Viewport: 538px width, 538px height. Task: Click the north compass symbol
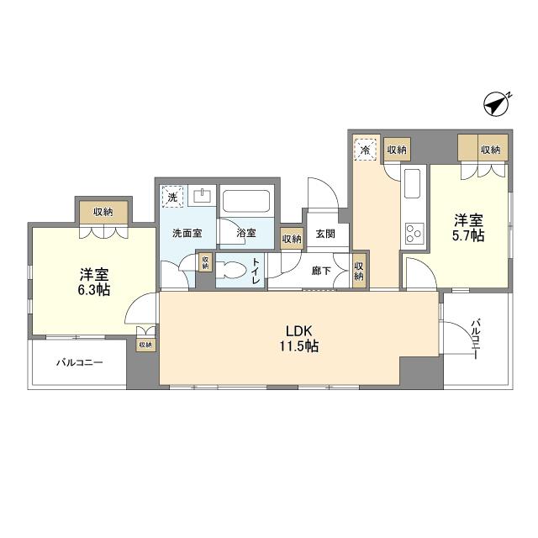pos(496,104)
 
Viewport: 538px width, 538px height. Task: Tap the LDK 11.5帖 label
pos(298,339)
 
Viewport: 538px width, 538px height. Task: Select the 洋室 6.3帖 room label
pos(94,282)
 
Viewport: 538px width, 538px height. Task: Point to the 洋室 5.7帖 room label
pos(468,228)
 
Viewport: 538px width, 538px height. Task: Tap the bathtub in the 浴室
pos(245,202)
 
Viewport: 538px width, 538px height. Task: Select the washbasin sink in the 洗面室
pos(203,196)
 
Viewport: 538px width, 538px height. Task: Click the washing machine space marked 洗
pos(172,197)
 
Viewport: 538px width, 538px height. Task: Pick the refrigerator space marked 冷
pos(366,150)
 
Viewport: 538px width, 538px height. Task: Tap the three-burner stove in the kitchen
pos(414,234)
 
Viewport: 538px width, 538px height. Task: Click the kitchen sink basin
pos(412,183)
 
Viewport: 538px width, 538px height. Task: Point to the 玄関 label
pos(325,234)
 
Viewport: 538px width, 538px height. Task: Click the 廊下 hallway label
pos(321,271)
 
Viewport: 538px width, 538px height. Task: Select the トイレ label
pos(256,271)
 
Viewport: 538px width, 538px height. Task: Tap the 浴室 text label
pos(246,233)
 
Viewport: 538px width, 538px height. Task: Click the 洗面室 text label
pos(187,234)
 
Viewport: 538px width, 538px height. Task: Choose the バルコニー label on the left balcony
pos(80,362)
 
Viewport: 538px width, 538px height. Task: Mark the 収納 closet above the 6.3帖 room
pos(103,213)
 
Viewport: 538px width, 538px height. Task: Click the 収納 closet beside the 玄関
pos(292,239)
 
